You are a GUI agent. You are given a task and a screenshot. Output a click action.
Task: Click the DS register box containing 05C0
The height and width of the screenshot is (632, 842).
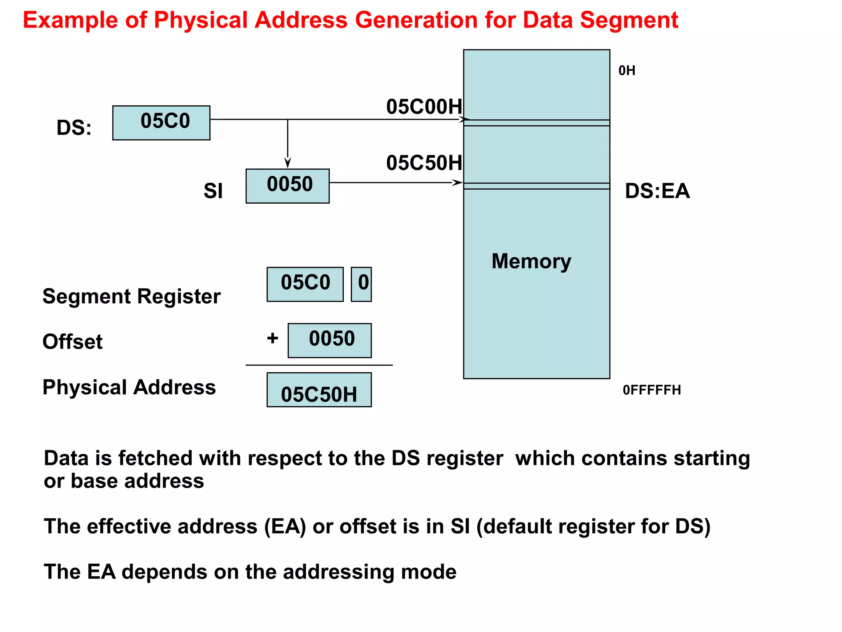[161, 123]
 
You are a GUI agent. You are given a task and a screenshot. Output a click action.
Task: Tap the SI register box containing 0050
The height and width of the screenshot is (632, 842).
[287, 186]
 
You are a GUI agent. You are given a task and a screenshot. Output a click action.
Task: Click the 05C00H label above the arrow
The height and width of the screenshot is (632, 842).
[424, 107]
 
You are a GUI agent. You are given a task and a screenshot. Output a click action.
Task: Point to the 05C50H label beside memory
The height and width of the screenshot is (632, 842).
[424, 163]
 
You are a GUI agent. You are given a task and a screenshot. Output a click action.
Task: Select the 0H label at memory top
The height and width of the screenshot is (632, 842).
[627, 71]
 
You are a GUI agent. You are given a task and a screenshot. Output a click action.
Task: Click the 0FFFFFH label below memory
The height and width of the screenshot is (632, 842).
[652, 390]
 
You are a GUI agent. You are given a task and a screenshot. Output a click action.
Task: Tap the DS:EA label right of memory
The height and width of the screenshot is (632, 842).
[657, 191]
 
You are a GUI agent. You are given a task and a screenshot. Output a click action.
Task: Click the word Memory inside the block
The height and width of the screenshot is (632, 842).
[531, 261]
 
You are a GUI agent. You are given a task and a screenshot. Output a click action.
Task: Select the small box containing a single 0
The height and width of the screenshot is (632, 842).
[361, 284]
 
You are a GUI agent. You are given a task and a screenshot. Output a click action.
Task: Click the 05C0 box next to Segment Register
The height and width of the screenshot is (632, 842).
[305, 284]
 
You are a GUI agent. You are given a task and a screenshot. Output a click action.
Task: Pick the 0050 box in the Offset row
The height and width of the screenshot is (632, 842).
[330, 340]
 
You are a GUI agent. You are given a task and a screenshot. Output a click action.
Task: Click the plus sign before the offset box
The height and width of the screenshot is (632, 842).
[273, 338]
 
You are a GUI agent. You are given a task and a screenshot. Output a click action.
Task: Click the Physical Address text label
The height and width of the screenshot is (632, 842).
[129, 387]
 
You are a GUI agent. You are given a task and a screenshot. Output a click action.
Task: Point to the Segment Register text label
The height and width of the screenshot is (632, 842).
[132, 296]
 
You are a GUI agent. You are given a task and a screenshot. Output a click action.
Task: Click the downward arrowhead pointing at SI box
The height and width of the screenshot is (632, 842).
[288, 163]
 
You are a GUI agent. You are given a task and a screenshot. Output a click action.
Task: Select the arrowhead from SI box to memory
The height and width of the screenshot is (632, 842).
[457, 182]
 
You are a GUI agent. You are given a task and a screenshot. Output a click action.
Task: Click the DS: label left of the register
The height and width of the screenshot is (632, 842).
[74, 128]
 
